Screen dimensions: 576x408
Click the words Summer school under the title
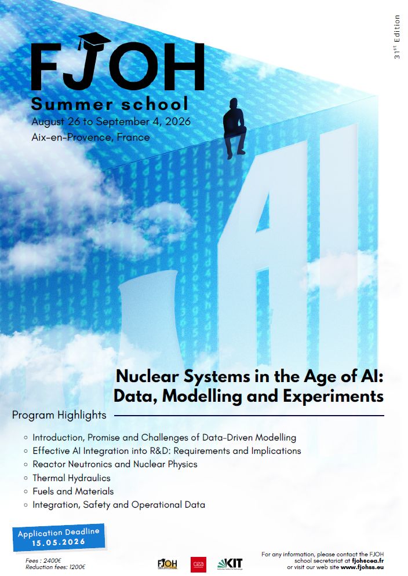(110, 104)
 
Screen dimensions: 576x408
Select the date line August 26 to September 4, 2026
(111, 122)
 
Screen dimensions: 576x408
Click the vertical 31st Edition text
(397, 37)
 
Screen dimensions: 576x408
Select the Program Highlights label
(59, 415)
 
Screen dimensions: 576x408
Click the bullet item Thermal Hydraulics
(71, 478)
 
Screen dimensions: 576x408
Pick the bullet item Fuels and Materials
(73, 491)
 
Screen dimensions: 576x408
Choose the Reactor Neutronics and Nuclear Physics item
(115, 464)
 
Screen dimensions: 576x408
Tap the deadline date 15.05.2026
(59, 542)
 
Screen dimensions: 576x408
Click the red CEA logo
(198, 564)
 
